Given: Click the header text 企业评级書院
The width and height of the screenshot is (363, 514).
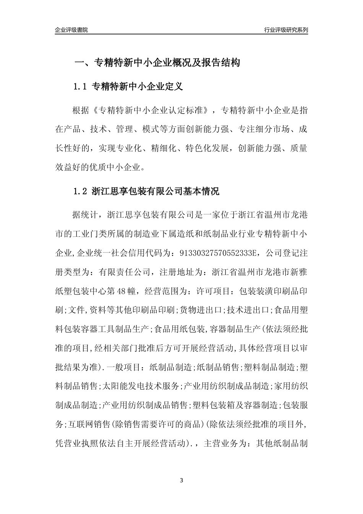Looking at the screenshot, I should click(x=71, y=30).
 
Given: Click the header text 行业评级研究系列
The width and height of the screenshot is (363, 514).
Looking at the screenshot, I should click(x=286, y=30).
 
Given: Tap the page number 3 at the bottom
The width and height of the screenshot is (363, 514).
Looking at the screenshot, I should click(x=181, y=480).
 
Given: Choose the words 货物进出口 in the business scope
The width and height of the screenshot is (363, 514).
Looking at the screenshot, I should click(x=201, y=310).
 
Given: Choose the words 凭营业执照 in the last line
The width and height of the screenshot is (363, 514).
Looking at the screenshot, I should click(x=76, y=444).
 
